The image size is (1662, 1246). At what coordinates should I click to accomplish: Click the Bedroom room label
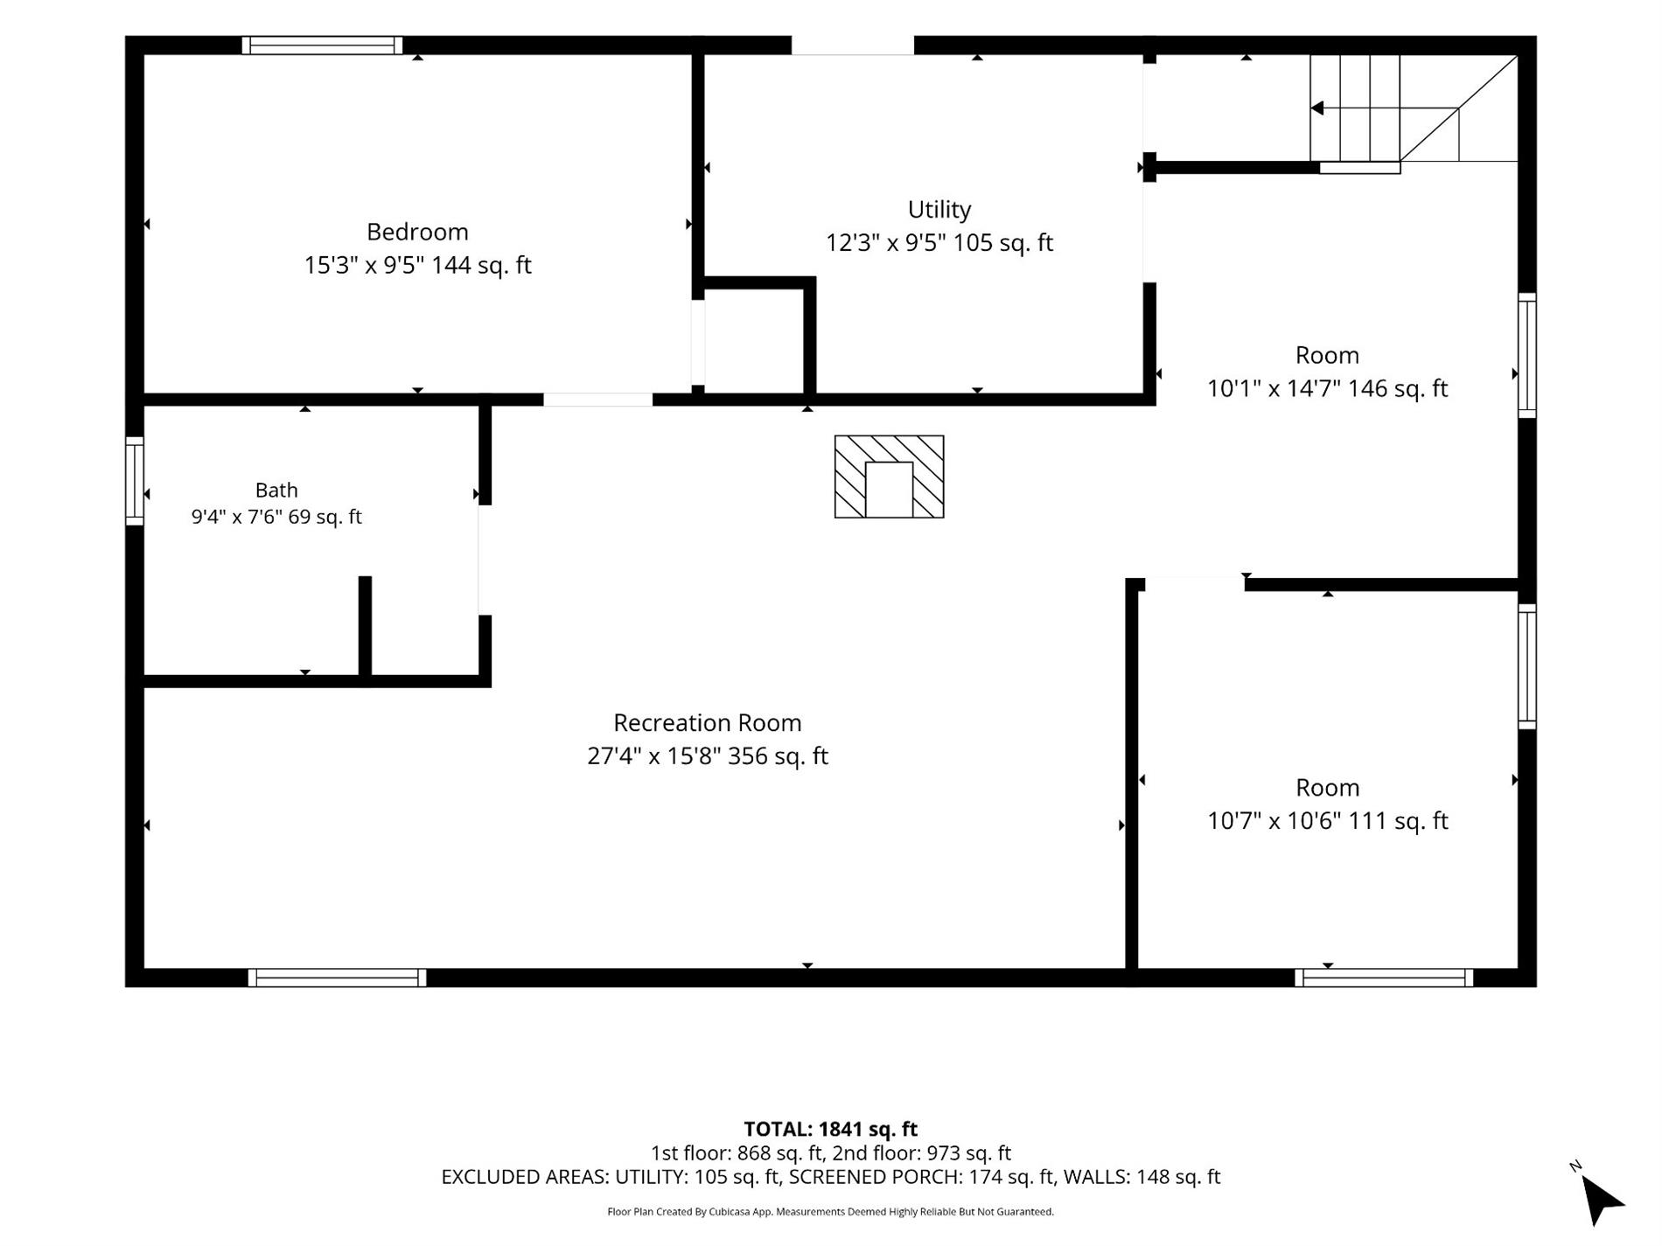pos(417,232)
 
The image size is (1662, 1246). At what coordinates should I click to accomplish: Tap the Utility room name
pos(939,210)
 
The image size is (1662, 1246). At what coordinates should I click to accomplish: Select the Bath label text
pos(276,490)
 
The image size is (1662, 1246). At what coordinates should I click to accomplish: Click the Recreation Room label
pos(708,723)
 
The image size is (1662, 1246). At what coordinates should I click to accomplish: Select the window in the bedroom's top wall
pos(322,45)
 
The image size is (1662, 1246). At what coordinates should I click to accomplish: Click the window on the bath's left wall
pos(135,481)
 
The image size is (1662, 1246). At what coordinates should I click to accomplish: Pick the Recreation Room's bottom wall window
pos(337,978)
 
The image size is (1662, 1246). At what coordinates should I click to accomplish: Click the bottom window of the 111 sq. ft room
pos(1384,978)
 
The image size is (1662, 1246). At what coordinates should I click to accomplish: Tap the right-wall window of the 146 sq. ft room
pos(1526,355)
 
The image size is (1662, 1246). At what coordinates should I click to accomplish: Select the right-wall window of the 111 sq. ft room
pos(1526,666)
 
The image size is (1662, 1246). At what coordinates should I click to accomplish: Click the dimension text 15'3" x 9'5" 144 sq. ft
pos(417,265)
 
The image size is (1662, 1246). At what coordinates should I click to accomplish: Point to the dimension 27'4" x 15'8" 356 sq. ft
pos(708,755)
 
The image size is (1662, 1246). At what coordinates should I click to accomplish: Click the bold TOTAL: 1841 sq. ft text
pos(830,1129)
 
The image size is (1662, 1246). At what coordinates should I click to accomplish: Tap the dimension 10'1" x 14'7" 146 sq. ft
pos(1327,388)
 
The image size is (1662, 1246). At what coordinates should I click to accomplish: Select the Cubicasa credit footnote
pos(830,1212)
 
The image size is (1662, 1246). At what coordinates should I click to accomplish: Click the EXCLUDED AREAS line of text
pos(830,1177)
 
